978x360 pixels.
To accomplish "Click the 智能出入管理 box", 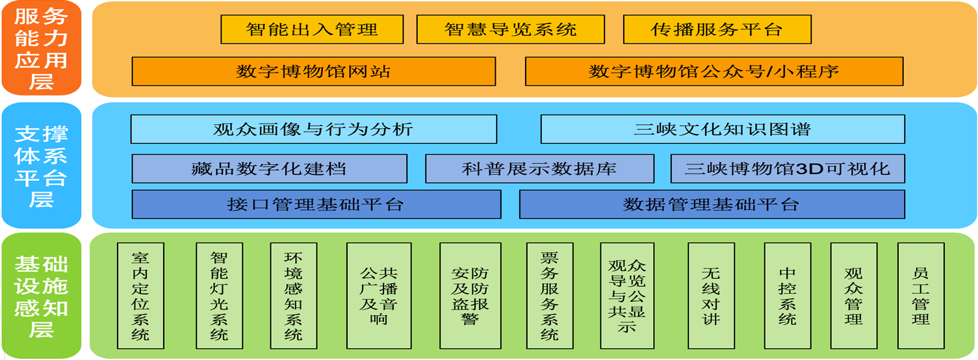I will (312, 30).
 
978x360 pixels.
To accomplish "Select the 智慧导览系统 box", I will (511, 30).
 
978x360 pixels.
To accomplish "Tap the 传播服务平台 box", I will (717, 30).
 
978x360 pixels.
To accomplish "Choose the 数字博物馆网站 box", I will (314, 71).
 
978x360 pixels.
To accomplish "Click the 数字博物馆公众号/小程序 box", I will (714, 71).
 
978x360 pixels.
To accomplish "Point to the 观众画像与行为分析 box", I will (314, 129).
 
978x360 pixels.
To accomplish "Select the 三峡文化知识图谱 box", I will (723, 129).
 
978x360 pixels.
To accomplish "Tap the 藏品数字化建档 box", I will (270, 169).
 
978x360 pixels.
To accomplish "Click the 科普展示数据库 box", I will (539, 169).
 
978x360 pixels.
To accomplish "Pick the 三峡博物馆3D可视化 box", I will (788, 169).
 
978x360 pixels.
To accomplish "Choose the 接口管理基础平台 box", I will (316, 205).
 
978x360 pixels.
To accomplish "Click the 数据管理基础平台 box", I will (712, 205).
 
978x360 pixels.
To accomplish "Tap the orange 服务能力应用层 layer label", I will (42, 48).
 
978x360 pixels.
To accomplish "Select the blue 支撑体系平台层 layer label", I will (42, 166).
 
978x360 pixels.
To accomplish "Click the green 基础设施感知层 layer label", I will (42, 296).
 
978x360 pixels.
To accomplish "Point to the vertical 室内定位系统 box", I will (140, 296).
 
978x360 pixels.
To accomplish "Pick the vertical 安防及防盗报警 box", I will (470, 296).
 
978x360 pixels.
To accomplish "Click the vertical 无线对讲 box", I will (711, 296).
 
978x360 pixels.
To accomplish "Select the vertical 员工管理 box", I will (921, 296).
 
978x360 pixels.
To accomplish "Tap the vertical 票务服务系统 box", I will (550, 296).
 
